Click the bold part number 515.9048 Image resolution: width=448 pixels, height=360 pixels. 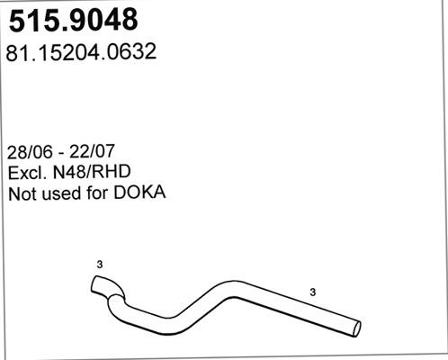tap(74, 20)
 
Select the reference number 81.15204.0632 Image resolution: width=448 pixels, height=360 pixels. tap(81, 52)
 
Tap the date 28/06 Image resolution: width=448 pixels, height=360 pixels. tap(30, 152)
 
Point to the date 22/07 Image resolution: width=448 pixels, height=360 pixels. tap(92, 151)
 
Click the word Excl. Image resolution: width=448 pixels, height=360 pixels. tap(27, 172)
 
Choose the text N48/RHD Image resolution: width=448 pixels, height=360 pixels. tap(92, 172)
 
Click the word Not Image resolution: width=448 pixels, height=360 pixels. tap(23, 193)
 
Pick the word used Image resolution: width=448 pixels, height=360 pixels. tap(62, 193)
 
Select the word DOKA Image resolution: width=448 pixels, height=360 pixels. tap(139, 193)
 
